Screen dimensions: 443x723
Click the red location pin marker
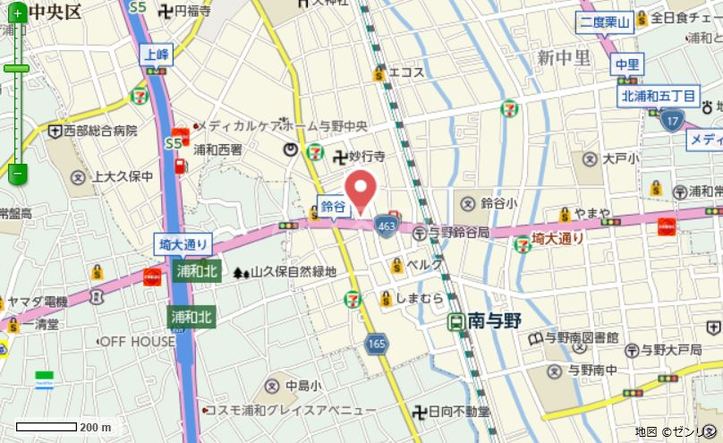click(x=361, y=189)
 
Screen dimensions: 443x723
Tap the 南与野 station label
click(x=487, y=320)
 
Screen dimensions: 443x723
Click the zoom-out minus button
click(x=17, y=170)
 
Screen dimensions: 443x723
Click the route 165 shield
click(x=377, y=343)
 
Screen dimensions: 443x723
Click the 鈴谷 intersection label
click(x=333, y=206)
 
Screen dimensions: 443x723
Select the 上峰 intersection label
click(x=156, y=54)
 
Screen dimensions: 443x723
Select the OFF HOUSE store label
click(x=137, y=342)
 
